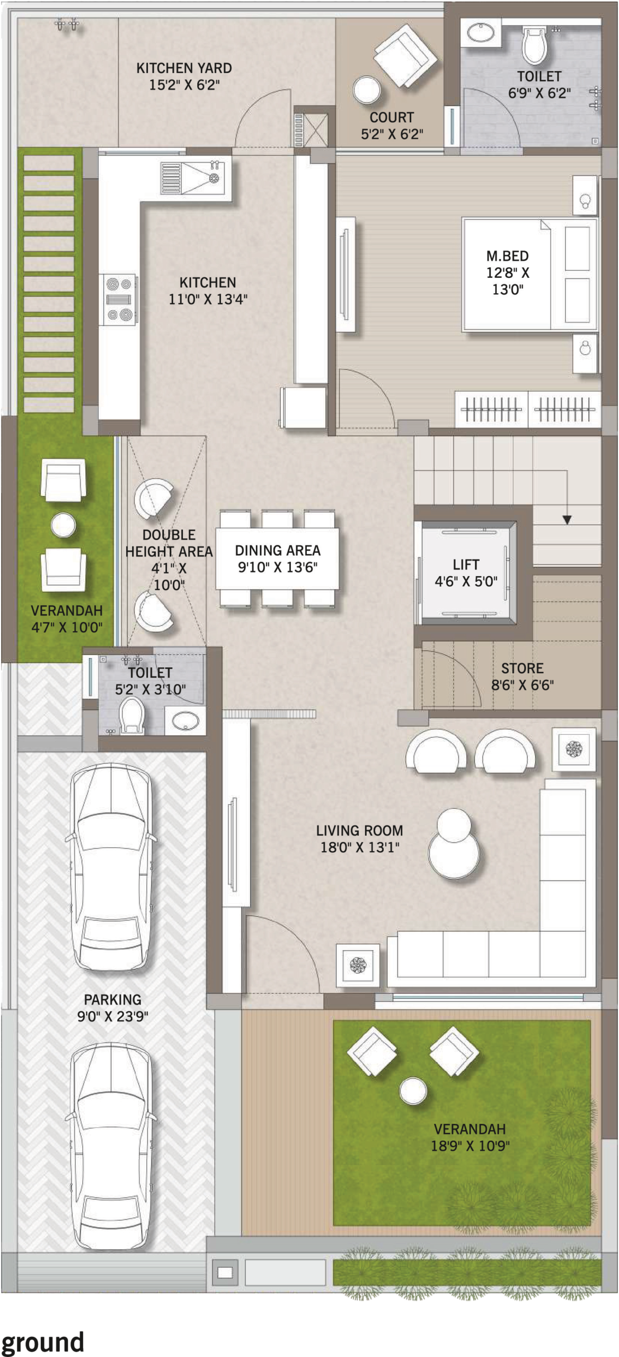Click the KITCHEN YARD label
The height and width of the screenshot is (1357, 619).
click(x=184, y=68)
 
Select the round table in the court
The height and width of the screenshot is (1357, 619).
click(x=367, y=90)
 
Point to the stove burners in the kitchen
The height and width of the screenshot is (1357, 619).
click(x=119, y=299)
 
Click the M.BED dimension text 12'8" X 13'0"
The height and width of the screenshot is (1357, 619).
click(x=508, y=281)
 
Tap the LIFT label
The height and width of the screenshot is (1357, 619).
click(x=466, y=565)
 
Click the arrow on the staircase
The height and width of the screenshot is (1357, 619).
click(x=567, y=520)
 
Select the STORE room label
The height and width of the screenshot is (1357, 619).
click(x=522, y=668)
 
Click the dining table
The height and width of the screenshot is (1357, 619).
click(x=277, y=558)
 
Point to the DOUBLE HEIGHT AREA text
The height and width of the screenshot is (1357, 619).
click(x=169, y=543)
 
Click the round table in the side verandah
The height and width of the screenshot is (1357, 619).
click(x=63, y=525)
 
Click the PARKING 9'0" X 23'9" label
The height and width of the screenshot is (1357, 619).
click(x=112, y=1008)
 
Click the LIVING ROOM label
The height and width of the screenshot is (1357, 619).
click(x=359, y=831)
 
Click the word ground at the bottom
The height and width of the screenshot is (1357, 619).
click(x=42, y=1340)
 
